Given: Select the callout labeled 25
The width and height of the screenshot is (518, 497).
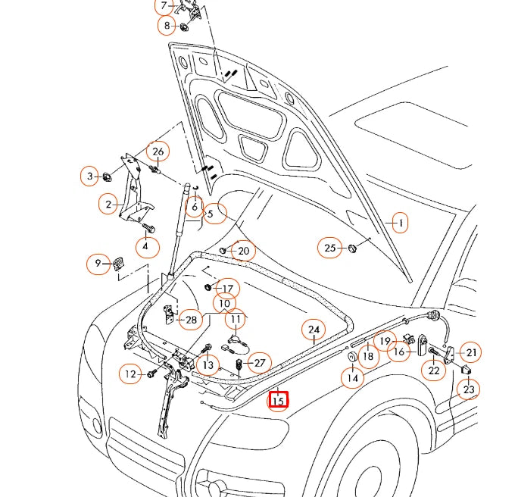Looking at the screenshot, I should click(x=329, y=248).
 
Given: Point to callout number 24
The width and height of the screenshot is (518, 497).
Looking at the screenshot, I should click(x=313, y=330).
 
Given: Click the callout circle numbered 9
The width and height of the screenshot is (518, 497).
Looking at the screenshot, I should click(x=97, y=264).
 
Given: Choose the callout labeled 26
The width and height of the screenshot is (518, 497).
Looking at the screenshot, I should click(x=158, y=151).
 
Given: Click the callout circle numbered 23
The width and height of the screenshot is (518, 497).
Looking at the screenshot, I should click(x=469, y=389).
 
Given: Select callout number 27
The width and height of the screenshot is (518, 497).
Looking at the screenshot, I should click(x=259, y=363).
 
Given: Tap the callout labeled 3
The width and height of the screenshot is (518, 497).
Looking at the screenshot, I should click(x=89, y=177).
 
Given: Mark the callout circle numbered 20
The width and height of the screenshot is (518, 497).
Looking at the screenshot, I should click(x=242, y=251).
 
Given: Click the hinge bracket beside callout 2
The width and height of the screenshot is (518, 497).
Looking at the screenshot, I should click(x=133, y=186).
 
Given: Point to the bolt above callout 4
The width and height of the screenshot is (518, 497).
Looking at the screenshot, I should click(x=148, y=227).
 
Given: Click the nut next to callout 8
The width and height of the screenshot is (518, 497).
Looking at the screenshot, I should click(x=184, y=28).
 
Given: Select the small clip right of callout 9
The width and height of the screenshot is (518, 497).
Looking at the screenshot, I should click(x=119, y=263).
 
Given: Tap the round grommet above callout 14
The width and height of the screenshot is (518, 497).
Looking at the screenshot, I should click(x=353, y=358).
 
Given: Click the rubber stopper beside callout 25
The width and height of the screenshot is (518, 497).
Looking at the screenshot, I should click(x=353, y=248).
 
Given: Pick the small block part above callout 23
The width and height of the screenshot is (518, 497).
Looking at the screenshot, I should click(x=467, y=369).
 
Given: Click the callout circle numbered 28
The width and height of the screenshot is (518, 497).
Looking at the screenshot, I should click(x=191, y=320).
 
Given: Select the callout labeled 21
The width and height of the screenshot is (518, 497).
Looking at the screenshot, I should click(x=471, y=352).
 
